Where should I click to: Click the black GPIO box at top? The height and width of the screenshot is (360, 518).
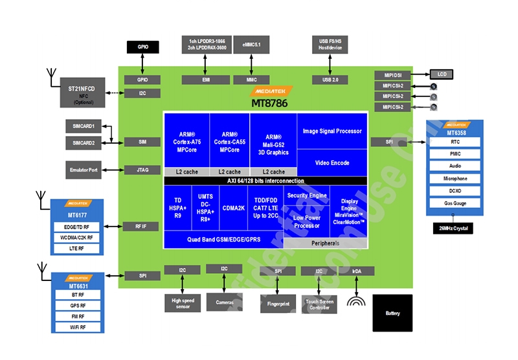point(142,47)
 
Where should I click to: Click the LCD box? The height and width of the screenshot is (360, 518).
point(442,74)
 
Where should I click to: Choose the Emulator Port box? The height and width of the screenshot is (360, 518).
point(84,170)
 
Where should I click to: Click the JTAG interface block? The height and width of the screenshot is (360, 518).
point(142,170)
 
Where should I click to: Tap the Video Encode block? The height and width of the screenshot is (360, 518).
point(332,163)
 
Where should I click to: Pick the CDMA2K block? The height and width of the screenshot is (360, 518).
point(234,208)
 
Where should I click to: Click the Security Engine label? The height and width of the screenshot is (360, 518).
point(307,196)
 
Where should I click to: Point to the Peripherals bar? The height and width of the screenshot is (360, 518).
point(326,243)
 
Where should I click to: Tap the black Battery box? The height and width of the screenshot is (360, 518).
point(392,313)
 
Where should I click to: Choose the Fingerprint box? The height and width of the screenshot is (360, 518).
point(278,302)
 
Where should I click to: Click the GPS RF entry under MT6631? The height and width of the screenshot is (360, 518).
point(78,306)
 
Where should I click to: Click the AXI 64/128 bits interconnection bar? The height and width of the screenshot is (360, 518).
point(265,181)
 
